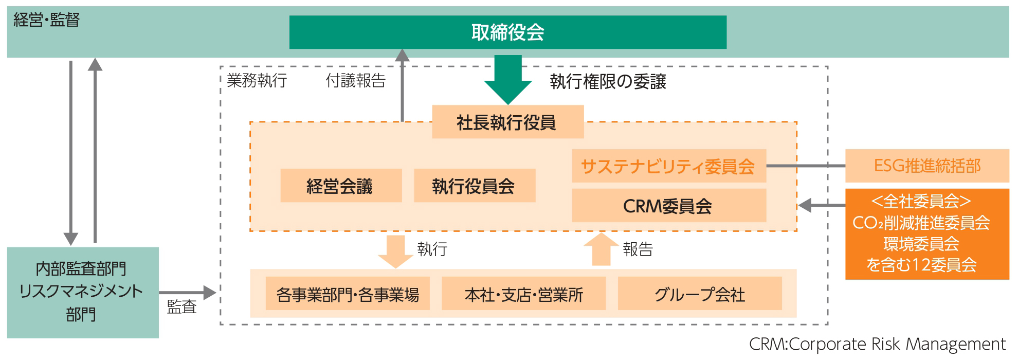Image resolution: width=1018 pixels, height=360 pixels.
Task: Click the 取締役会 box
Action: tap(507, 32)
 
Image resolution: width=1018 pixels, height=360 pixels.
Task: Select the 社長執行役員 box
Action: tap(507, 122)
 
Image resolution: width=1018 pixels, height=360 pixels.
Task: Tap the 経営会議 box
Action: tap(340, 186)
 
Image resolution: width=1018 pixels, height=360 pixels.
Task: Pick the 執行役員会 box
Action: tap(474, 186)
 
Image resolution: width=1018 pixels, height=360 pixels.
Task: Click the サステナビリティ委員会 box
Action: tap(668, 166)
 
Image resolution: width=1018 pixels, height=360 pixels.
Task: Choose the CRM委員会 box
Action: tap(668, 206)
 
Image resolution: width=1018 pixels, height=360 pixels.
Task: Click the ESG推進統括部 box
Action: tap(926, 166)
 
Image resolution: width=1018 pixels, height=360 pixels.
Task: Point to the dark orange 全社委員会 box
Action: tap(926, 234)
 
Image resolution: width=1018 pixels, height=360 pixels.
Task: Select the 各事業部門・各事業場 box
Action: tap(348, 294)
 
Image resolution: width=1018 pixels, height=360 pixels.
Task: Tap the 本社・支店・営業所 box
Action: tap(523, 294)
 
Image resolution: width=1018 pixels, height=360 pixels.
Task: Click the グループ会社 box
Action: tap(699, 294)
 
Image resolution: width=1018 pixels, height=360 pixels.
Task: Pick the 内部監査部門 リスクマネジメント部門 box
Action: tap(82, 292)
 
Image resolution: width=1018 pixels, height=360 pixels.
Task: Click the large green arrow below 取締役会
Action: tap(507, 80)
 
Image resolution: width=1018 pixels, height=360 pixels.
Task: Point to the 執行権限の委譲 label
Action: tap(608, 81)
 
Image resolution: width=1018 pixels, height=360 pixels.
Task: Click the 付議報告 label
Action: tap(355, 81)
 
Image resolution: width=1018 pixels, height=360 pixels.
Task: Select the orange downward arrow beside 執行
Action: tap(395, 251)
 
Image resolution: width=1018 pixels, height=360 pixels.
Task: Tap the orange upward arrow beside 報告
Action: tap(601, 249)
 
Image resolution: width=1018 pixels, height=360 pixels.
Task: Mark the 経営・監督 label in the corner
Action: tap(46, 20)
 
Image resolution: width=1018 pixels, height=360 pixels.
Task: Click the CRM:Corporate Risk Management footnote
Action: tap(877, 344)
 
